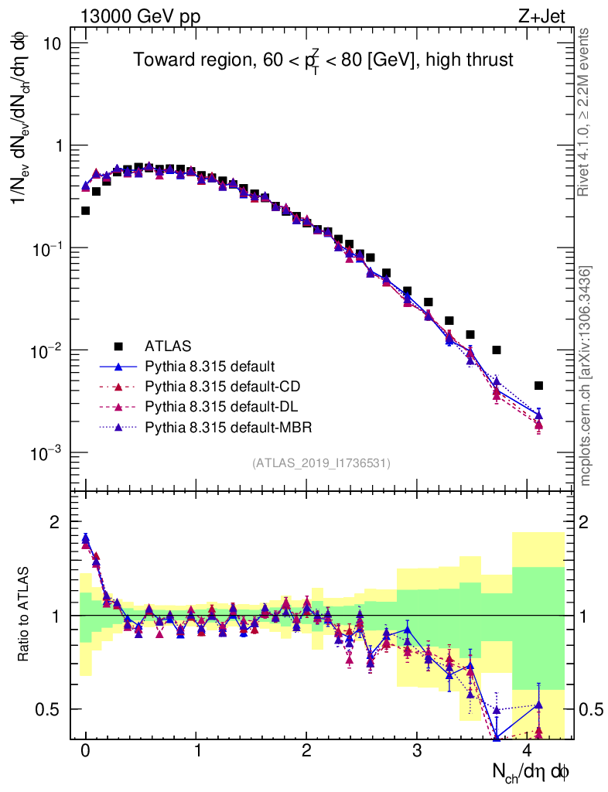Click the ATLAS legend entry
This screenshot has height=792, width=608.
click(166, 345)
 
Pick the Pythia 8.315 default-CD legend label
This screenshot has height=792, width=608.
click(218, 385)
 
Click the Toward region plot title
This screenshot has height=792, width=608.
click(323, 60)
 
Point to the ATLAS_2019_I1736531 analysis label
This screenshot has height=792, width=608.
click(321, 463)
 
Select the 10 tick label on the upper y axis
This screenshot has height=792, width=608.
click(52, 43)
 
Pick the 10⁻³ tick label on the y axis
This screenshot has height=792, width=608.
click(46, 453)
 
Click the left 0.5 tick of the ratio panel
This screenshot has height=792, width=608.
click(48, 709)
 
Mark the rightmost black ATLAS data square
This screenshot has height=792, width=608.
click(539, 385)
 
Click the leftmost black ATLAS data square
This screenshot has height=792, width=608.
click(85, 210)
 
